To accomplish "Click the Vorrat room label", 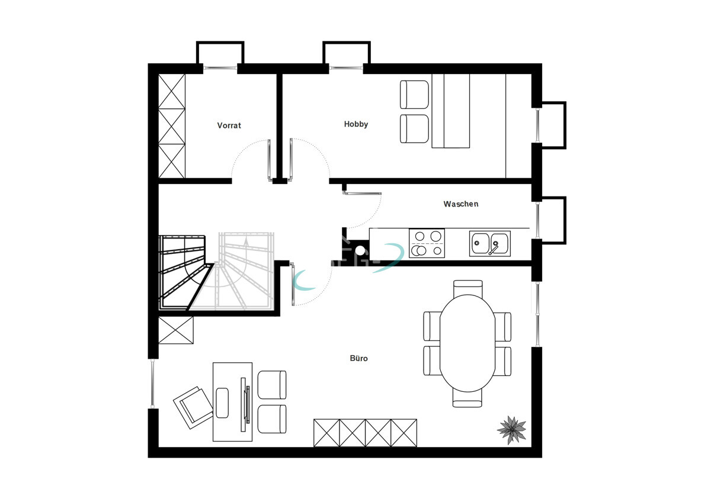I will click(229, 125).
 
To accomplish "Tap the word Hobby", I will click(356, 124).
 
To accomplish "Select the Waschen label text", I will click(460, 204).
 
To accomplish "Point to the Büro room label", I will click(358, 358).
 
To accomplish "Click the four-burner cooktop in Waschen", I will click(427, 243).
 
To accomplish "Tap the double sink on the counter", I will click(489, 243).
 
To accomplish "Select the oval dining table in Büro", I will click(467, 343).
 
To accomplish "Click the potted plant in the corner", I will click(511, 429).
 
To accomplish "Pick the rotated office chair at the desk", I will click(193, 407).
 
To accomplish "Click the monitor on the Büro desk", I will click(244, 402).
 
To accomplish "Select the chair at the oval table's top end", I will click(467, 288).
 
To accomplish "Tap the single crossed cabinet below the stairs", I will click(176, 330).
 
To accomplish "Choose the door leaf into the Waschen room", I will click(363, 192).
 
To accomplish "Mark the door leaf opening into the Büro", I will click(293, 285).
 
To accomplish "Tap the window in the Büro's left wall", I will click(152, 383).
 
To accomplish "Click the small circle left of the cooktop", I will click(360, 249).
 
